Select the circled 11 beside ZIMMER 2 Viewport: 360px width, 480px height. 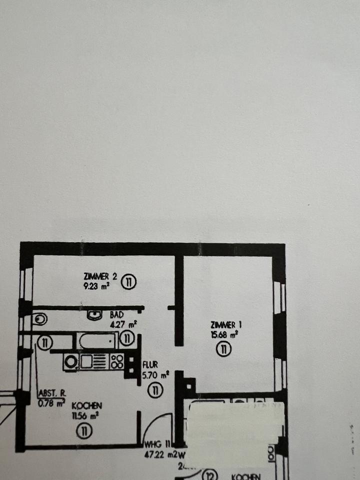pyautogui.click(x=129, y=282)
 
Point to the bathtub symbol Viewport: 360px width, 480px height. pyautogui.click(x=98, y=341)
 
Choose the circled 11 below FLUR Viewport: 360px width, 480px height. pyautogui.click(x=156, y=390)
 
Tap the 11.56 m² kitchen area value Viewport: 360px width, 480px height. pyautogui.click(x=86, y=415)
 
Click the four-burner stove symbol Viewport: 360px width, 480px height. pyautogui.click(x=117, y=361)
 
